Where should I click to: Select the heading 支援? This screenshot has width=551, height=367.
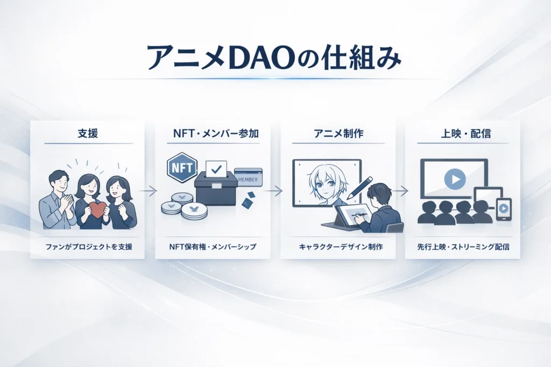click(87, 133)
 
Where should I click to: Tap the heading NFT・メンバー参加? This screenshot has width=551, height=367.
click(213, 133)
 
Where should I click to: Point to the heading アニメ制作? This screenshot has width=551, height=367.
click(337, 133)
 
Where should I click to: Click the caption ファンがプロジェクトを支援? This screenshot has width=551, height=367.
click(87, 248)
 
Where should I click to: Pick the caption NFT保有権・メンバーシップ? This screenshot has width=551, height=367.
click(213, 248)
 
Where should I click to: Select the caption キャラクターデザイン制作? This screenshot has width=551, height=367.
click(337, 248)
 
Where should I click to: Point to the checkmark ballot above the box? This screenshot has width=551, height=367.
click(216, 170)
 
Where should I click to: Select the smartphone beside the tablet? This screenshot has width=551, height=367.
click(504, 209)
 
